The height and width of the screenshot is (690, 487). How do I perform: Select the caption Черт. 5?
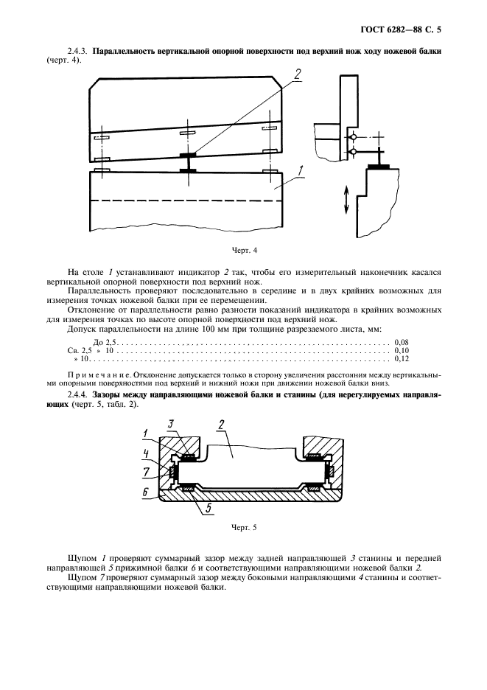pyautogui.click(x=243, y=527)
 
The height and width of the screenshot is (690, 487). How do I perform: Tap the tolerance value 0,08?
pyautogui.click(x=402, y=343)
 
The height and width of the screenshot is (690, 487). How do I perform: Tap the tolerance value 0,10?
pyautogui.click(x=402, y=351)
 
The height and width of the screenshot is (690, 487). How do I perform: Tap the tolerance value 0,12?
pyautogui.click(x=402, y=359)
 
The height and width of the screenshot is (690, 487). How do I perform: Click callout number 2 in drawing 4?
pyautogui.click(x=297, y=73)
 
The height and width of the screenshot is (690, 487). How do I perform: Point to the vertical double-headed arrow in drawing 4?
pyautogui.click(x=346, y=200)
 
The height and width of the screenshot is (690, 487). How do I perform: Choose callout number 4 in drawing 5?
pyautogui.click(x=147, y=453)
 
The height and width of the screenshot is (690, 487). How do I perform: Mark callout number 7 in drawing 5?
pyautogui.click(x=147, y=470)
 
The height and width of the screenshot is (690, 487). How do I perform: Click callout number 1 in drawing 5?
pyautogui.click(x=147, y=433)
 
